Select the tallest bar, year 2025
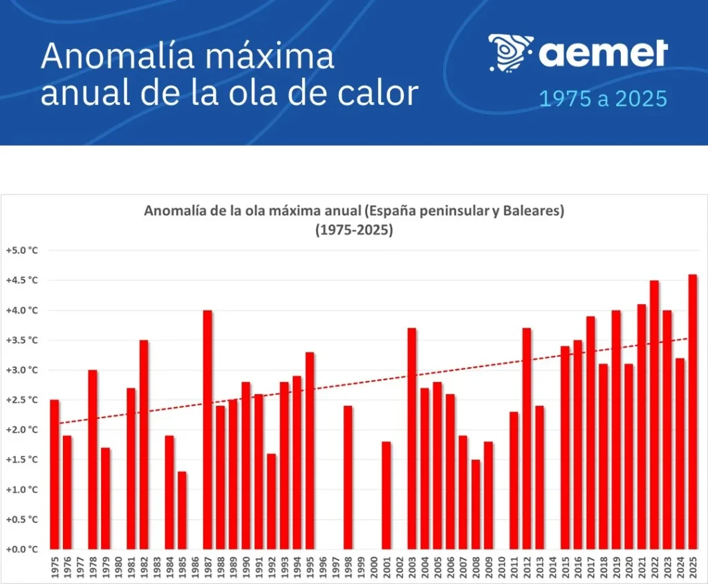coord(693,411)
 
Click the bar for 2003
coord(412,438)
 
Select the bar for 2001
coord(386,495)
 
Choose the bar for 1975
coord(55,474)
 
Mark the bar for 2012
coord(527,438)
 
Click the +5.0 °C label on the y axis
coord(21,250)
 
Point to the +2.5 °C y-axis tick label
coord(21,399)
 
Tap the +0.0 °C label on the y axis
coord(21,549)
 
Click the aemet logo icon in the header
coord(510,53)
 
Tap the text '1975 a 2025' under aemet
coord(603,99)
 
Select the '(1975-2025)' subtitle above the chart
coord(354,230)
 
